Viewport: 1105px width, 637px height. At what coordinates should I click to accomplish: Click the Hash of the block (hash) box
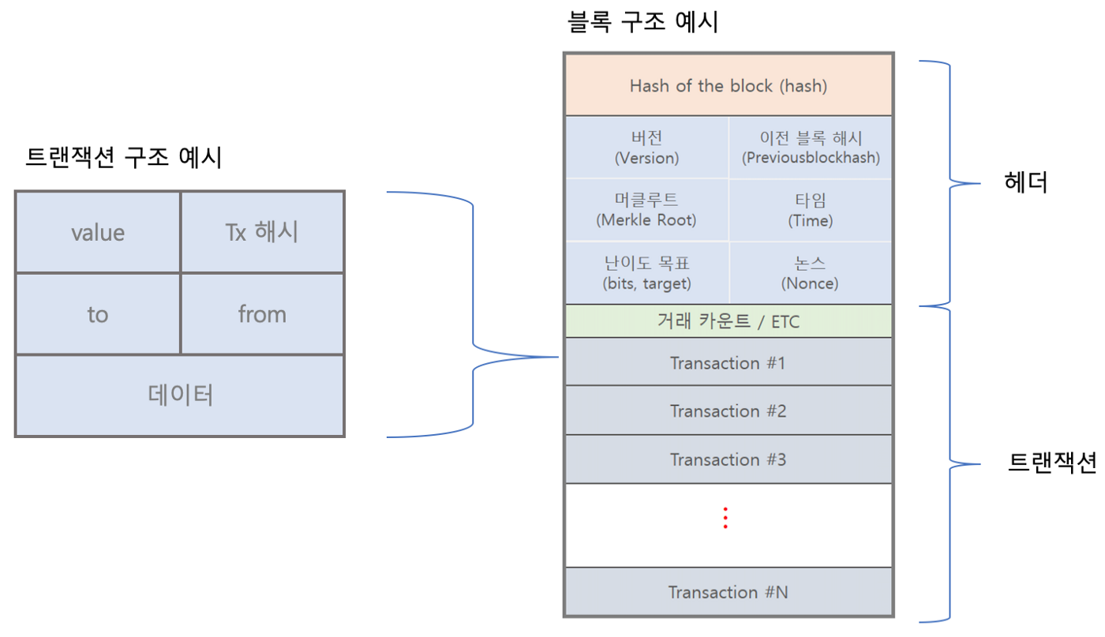pyautogui.click(x=728, y=85)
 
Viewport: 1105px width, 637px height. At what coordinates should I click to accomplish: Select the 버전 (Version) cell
pyautogui.click(x=646, y=148)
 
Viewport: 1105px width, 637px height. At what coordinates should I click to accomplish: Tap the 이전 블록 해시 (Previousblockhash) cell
pyautogui.click(x=811, y=148)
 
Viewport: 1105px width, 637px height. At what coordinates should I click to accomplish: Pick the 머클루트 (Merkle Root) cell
pyautogui.click(x=646, y=210)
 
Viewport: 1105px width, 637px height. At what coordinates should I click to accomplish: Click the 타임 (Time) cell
pyautogui.click(x=811, y=210)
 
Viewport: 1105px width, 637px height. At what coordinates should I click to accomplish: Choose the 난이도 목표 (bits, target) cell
pyautogui.click(x=646, y=273)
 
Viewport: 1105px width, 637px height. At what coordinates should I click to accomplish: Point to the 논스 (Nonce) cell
pyautogui.click(x=811, y=273)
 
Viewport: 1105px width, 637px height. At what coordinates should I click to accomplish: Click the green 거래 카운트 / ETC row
pyautogui.click(x=728, y=321)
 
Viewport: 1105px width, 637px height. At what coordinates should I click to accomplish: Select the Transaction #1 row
pyautogui.click(x=728, y=363)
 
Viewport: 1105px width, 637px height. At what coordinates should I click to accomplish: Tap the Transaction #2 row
pyautogui.click(x=728, y=411)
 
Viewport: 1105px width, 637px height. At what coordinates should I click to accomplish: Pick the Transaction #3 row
pyautogui.click(x=728, y=459)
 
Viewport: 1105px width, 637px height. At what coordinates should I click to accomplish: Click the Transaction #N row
pyautogui.click(x=728, y=592)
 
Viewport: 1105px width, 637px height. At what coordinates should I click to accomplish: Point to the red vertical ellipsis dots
pyautogui.click(x=725, y=517)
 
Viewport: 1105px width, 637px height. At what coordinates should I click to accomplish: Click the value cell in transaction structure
pyautogui.click(x=98, y=233)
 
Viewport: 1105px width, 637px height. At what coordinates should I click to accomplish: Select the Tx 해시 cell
pyautogui.click(x=262, y=233)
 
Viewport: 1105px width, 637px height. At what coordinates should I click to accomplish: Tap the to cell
pyautogui.click(x=98, y=314)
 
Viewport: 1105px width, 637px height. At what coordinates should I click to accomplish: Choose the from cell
pyautogui.click(x=262, y=314)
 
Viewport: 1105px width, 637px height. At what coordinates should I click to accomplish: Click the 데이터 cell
pyautogui.click(x=180, y=395)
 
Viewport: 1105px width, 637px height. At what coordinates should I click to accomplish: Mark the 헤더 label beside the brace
pyautogui.click(x=1025, y=183)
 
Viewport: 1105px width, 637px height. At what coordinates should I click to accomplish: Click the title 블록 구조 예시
pyautogui.click(x=642, y=21)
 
